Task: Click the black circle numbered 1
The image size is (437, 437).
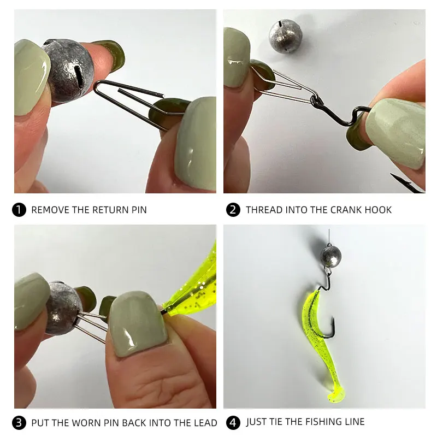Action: coord(19,210)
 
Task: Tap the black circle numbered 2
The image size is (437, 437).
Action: coord(233,210)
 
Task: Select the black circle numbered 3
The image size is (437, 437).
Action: coord(19,422)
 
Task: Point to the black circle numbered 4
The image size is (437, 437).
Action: coord(233,422)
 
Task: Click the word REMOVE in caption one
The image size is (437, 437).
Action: coord(50,210)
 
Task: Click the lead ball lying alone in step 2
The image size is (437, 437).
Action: coord(282,36)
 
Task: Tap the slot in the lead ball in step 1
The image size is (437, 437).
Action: coord(79,75)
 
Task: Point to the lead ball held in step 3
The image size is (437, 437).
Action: coord(63,308)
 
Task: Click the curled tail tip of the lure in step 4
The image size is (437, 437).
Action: coord(336,395)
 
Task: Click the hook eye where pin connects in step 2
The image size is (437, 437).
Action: coord(316,101)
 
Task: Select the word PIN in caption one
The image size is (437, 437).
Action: coord(139,210)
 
